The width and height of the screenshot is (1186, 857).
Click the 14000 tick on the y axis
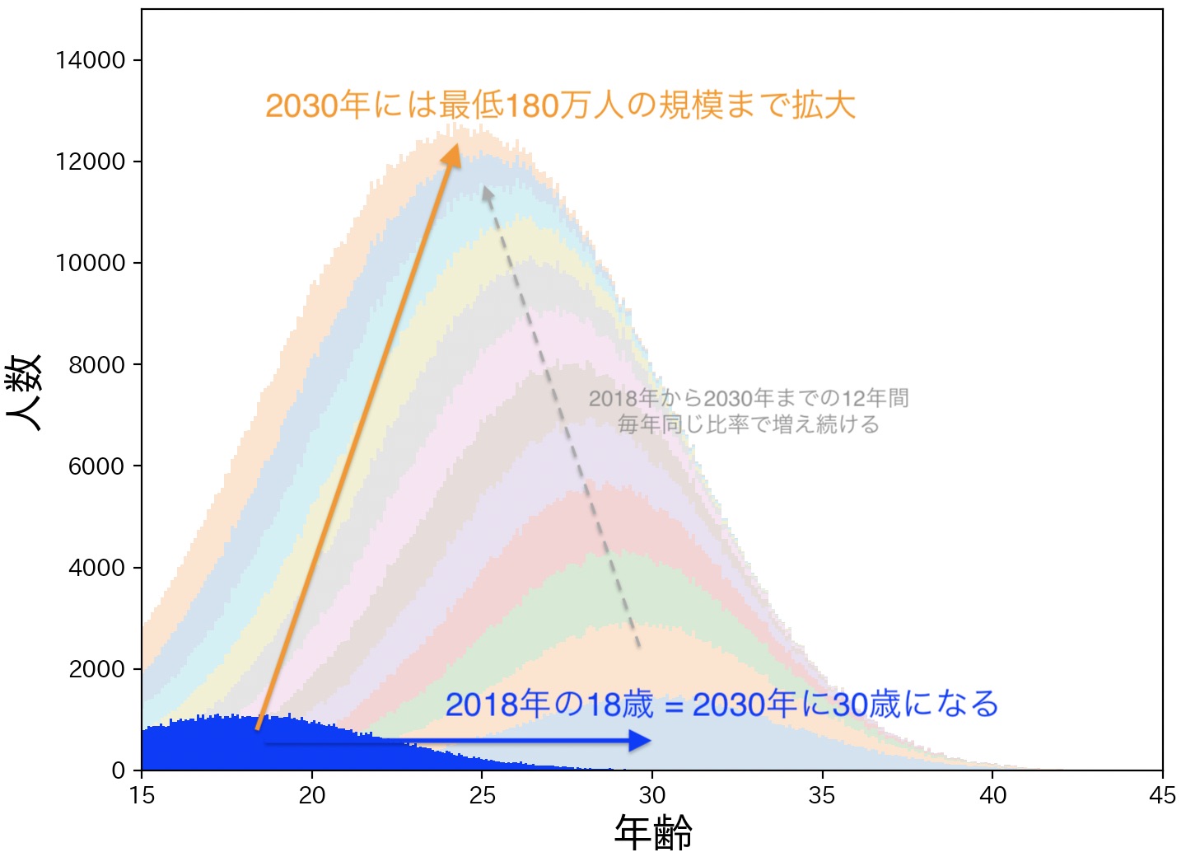click(91, 60)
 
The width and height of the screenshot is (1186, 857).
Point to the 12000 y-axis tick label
click(91, 162)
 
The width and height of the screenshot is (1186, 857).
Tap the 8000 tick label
click(96, 364)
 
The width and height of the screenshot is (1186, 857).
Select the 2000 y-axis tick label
click(96, 669)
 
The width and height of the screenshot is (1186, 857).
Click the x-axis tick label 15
click(142, 795)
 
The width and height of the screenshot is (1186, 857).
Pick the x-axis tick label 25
click(482, 795)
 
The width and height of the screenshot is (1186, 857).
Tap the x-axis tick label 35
click(822, 795)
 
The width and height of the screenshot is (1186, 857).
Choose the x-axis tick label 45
click(1162, 795)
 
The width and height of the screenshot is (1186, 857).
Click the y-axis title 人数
click(25, 392)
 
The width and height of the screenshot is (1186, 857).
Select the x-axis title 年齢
click(653, 832)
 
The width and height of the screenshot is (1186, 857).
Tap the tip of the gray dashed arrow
click(487, 190)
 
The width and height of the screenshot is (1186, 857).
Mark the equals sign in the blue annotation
click(675, 706)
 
